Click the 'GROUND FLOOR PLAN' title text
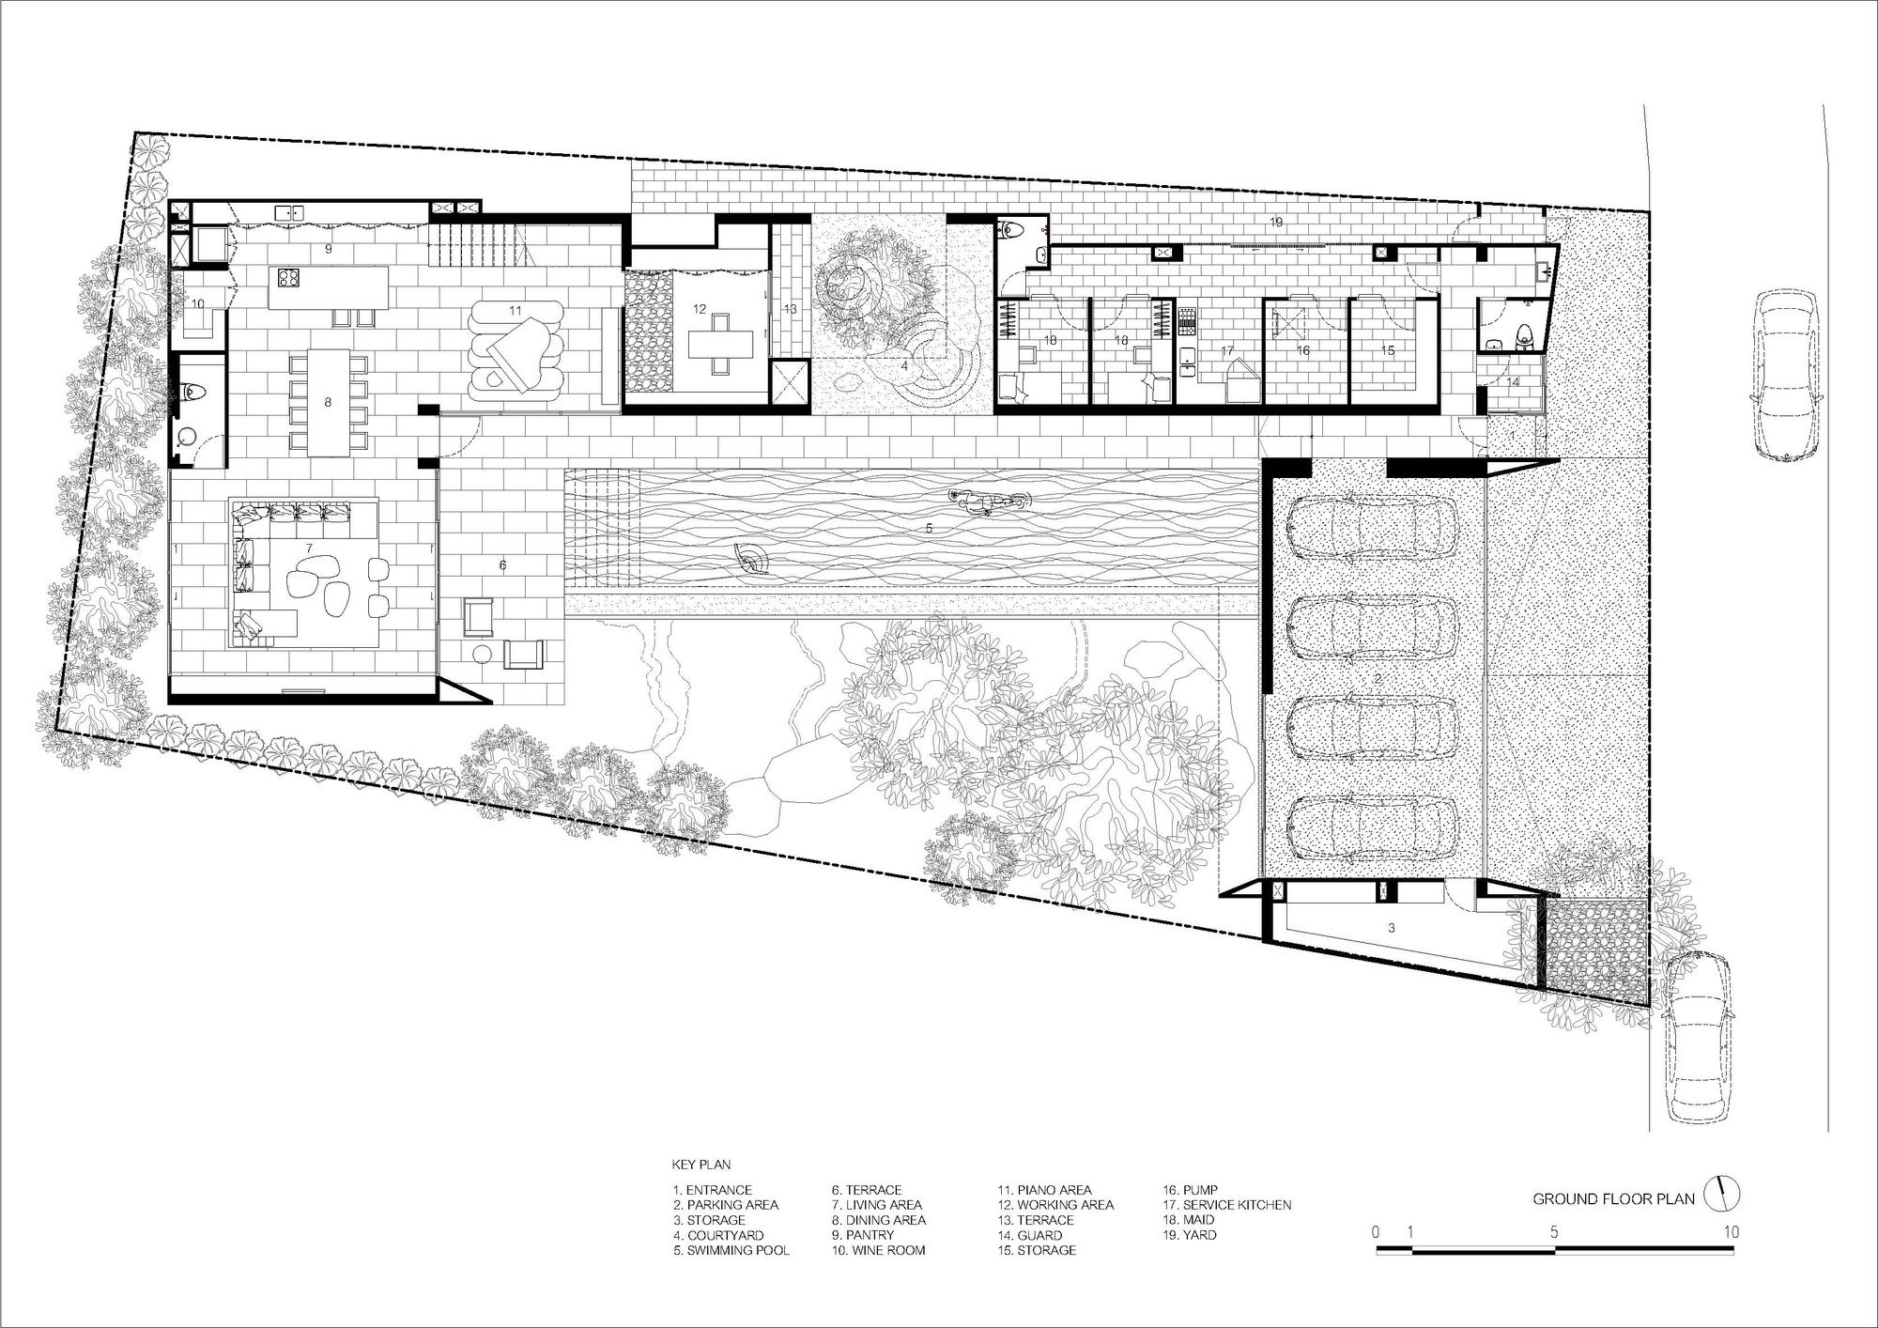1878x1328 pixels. pos(1613,1198)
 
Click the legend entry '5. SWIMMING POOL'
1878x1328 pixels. pos(731,1250)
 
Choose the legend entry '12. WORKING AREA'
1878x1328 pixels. pos(1055,1204)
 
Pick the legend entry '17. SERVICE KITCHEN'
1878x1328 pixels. pos(1227,1204)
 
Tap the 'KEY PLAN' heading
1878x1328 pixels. pos(701,1165)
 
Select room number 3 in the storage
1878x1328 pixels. pos(1392,927)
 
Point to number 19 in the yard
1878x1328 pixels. pos(1275,222)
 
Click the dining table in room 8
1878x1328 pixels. pos(328,403)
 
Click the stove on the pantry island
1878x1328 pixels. pos(285,277)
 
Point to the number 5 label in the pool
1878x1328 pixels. pos(929,529)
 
